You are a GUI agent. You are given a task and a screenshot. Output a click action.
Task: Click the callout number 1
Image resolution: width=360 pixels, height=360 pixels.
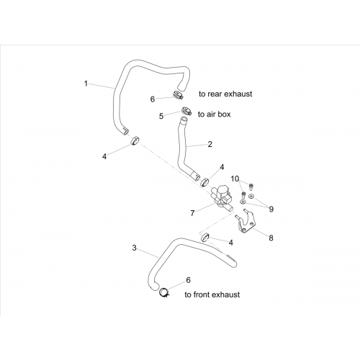click(86, 84)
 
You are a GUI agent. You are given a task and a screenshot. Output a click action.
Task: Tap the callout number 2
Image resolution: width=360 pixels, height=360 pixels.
click(210, 144)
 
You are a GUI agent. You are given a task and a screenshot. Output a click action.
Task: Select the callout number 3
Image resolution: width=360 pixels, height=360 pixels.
click(134, 248)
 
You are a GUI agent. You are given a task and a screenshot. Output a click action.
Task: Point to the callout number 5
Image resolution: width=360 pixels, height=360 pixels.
click(161, 116)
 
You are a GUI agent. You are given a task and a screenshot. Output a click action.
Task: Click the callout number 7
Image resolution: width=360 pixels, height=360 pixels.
click(192, 213)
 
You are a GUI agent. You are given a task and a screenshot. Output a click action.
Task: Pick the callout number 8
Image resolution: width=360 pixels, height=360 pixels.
click(271, 238)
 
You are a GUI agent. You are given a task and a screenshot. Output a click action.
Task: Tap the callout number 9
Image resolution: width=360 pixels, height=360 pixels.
click(271, 210)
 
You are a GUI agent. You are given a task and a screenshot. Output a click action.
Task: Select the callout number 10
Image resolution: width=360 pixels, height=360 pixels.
click(235, 179)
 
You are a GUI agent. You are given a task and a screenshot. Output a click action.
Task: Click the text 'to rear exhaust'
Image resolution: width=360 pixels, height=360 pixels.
click(225, 94)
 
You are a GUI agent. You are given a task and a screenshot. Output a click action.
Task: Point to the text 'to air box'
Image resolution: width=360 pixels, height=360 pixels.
click(214, 114)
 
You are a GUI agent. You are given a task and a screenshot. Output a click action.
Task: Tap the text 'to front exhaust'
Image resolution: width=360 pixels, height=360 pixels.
click(212, 294)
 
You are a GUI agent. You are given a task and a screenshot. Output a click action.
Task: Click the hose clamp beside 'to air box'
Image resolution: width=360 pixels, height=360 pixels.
click(186, 111)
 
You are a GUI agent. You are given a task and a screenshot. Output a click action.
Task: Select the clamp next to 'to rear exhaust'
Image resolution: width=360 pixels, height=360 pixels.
click(178, 95)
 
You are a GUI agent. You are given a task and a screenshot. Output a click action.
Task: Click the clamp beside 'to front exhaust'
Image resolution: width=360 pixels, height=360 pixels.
click(164, 292)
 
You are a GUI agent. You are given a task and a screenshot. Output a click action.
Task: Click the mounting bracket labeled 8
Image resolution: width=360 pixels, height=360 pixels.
click(245, 223)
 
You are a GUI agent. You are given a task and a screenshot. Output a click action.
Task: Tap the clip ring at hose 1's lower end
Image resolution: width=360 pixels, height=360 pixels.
click(135, 140)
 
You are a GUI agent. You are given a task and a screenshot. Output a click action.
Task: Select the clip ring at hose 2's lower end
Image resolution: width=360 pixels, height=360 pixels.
click(204, 182)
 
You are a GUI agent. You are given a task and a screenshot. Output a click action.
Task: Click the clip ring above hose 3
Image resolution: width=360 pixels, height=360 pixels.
click(204, 237)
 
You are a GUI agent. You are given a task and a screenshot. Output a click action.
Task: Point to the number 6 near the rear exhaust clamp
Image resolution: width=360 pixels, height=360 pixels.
click(153, 99)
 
